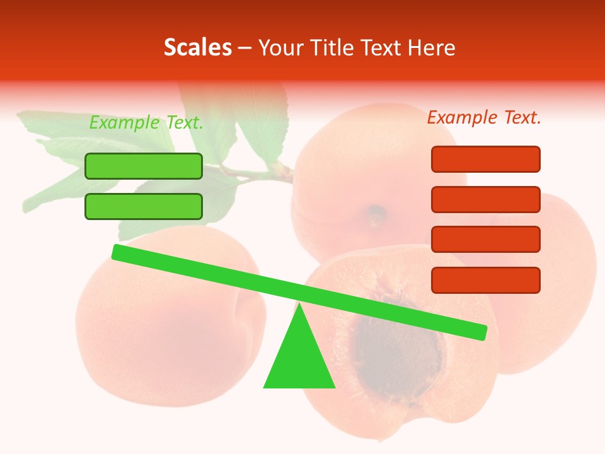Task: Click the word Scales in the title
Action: point(197,47)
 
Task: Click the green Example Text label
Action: point(146,123)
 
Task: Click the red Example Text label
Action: point(484,117)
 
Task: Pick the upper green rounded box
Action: point(144,166)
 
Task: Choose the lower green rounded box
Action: point(144,207)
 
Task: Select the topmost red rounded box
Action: point(485,159)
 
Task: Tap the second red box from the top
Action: point(485,199)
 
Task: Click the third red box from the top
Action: point(485,240)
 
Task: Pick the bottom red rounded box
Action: point(485,280)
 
